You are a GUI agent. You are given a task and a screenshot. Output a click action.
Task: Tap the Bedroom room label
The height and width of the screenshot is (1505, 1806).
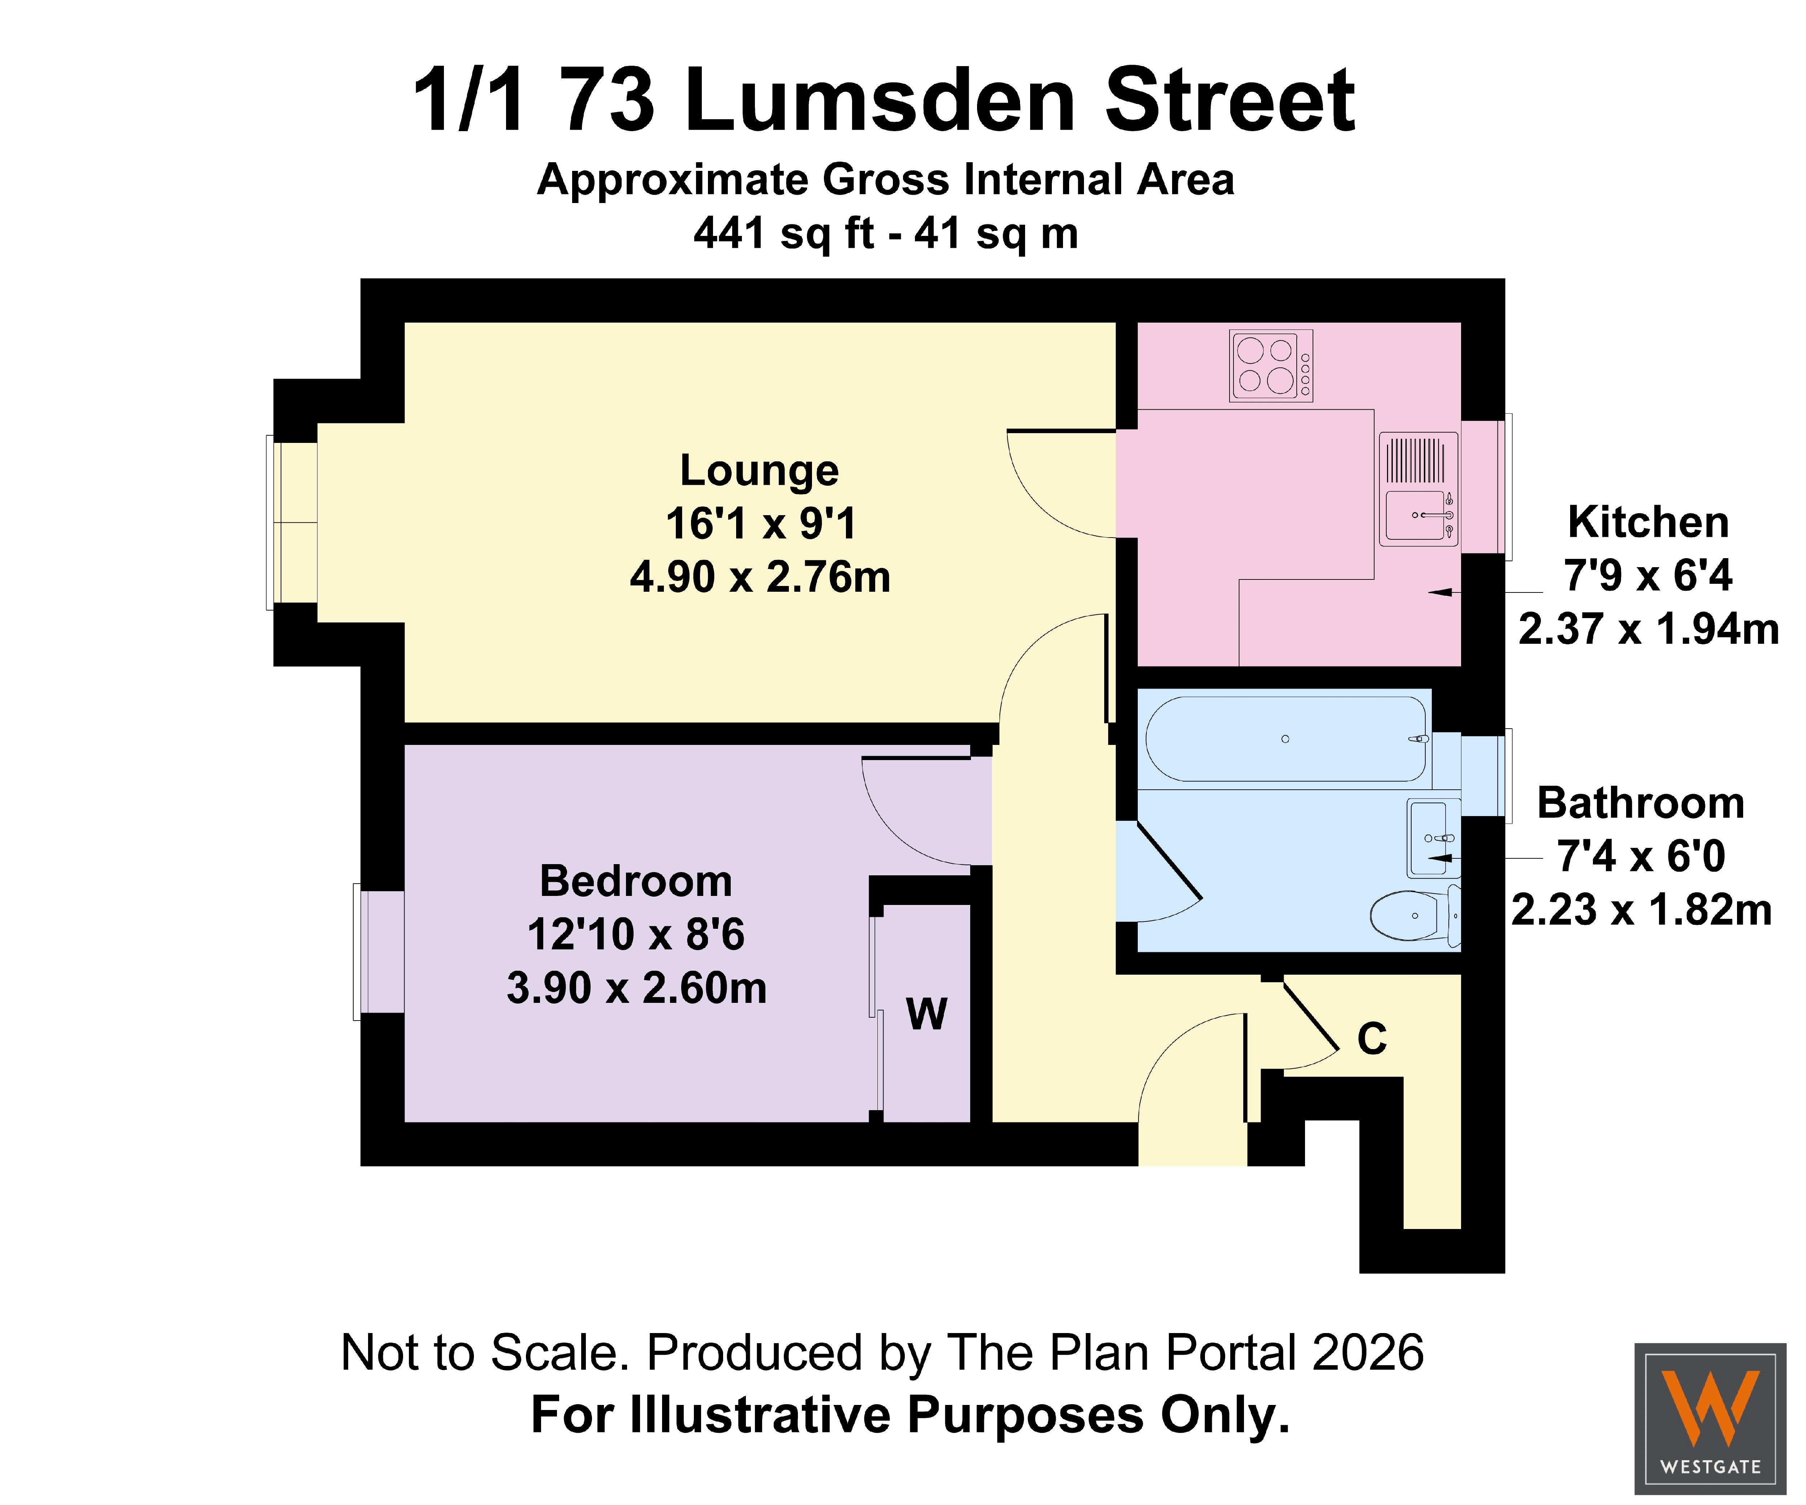click(x=636, y=881)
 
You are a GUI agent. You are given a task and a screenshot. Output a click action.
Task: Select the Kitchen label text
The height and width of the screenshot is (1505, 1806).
click(x=1648, y=522)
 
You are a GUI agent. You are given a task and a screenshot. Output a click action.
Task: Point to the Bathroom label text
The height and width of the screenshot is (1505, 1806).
click(x=1641, y=803)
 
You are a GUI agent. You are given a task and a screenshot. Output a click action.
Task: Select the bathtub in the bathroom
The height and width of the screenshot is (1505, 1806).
click(x=1286, y=739)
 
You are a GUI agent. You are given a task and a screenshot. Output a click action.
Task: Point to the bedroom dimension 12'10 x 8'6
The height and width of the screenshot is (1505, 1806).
click(x=636, y=935)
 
